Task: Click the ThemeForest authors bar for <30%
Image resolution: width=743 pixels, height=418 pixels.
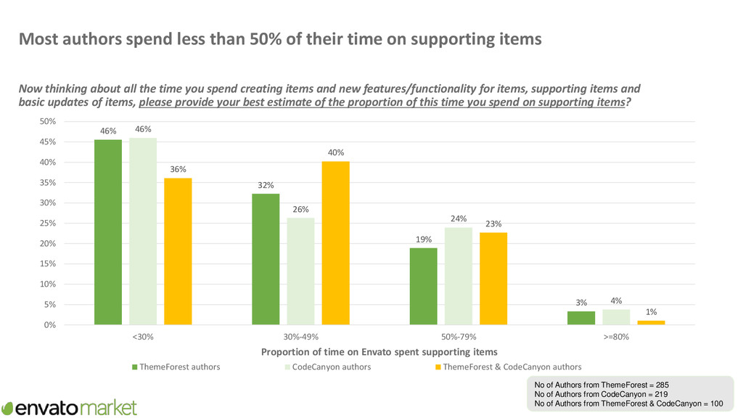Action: tap(108, 231)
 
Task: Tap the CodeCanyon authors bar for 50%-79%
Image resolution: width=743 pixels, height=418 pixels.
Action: tap(459, 276)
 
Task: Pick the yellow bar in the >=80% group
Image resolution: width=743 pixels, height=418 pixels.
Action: tap(651, 322)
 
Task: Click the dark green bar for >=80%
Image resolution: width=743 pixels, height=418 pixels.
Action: tap(581, 318)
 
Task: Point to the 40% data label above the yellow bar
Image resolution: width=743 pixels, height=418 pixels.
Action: tap(336, 152)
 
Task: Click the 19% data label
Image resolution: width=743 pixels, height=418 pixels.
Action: tap(424, 239)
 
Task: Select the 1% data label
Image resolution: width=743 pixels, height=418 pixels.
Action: tap(651, 311)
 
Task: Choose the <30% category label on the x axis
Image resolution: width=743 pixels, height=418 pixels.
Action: tap(143, 337)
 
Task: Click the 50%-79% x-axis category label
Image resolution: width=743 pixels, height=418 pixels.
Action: tap(459, 337)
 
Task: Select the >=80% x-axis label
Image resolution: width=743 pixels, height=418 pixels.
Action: tap(616, 337)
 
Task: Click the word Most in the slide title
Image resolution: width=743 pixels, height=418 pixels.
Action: tap(38, 39)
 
